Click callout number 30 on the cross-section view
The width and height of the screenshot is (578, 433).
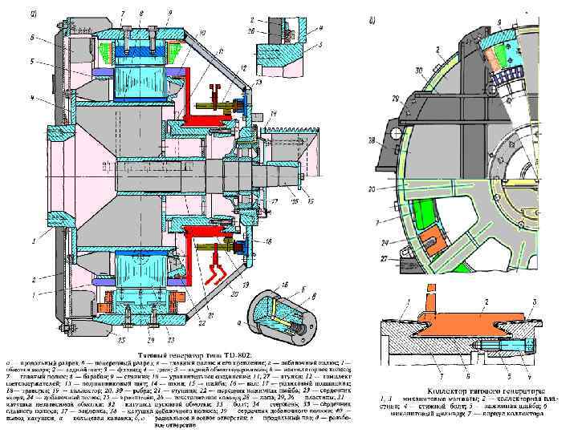click(x=417, y=71)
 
